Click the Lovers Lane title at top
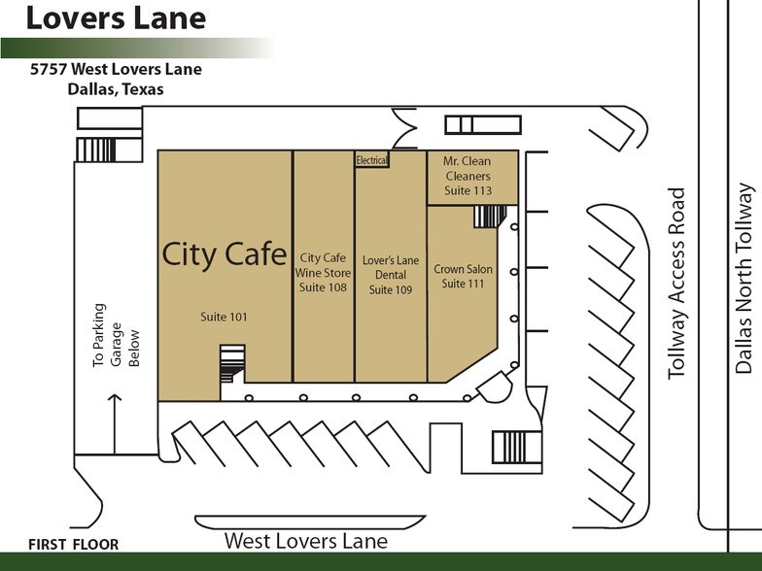(116, 18)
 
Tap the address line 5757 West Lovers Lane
(116, 70)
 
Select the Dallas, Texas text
(116, 89)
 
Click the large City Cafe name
(224, 253)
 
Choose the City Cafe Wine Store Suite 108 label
(324, 272)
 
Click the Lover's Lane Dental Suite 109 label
(391, 275)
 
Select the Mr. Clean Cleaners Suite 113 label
(468, 176)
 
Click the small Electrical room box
(371, 160)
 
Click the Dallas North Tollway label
(745, 278)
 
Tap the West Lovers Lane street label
(305, 541)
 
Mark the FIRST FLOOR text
(74, 544)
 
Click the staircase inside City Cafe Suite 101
(232, 363)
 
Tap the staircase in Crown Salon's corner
(486, 217)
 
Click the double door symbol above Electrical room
(403, 131)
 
